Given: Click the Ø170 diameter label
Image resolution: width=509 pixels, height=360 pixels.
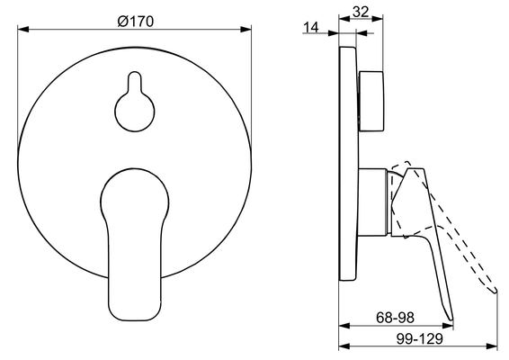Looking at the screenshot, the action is point(135,22).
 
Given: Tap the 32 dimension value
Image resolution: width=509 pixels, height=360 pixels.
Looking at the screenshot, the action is point(361,12).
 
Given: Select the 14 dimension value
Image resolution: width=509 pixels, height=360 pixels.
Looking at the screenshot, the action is point(311,28).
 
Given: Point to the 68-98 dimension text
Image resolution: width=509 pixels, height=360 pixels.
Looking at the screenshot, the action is point(395,318).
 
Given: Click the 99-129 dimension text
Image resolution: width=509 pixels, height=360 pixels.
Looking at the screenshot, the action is point(419,339).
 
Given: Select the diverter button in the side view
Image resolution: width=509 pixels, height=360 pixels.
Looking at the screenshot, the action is point(371,102).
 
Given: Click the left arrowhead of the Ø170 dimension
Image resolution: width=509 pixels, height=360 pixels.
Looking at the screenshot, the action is point(23,30).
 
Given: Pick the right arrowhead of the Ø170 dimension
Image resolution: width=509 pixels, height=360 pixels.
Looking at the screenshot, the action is point(246,30).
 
